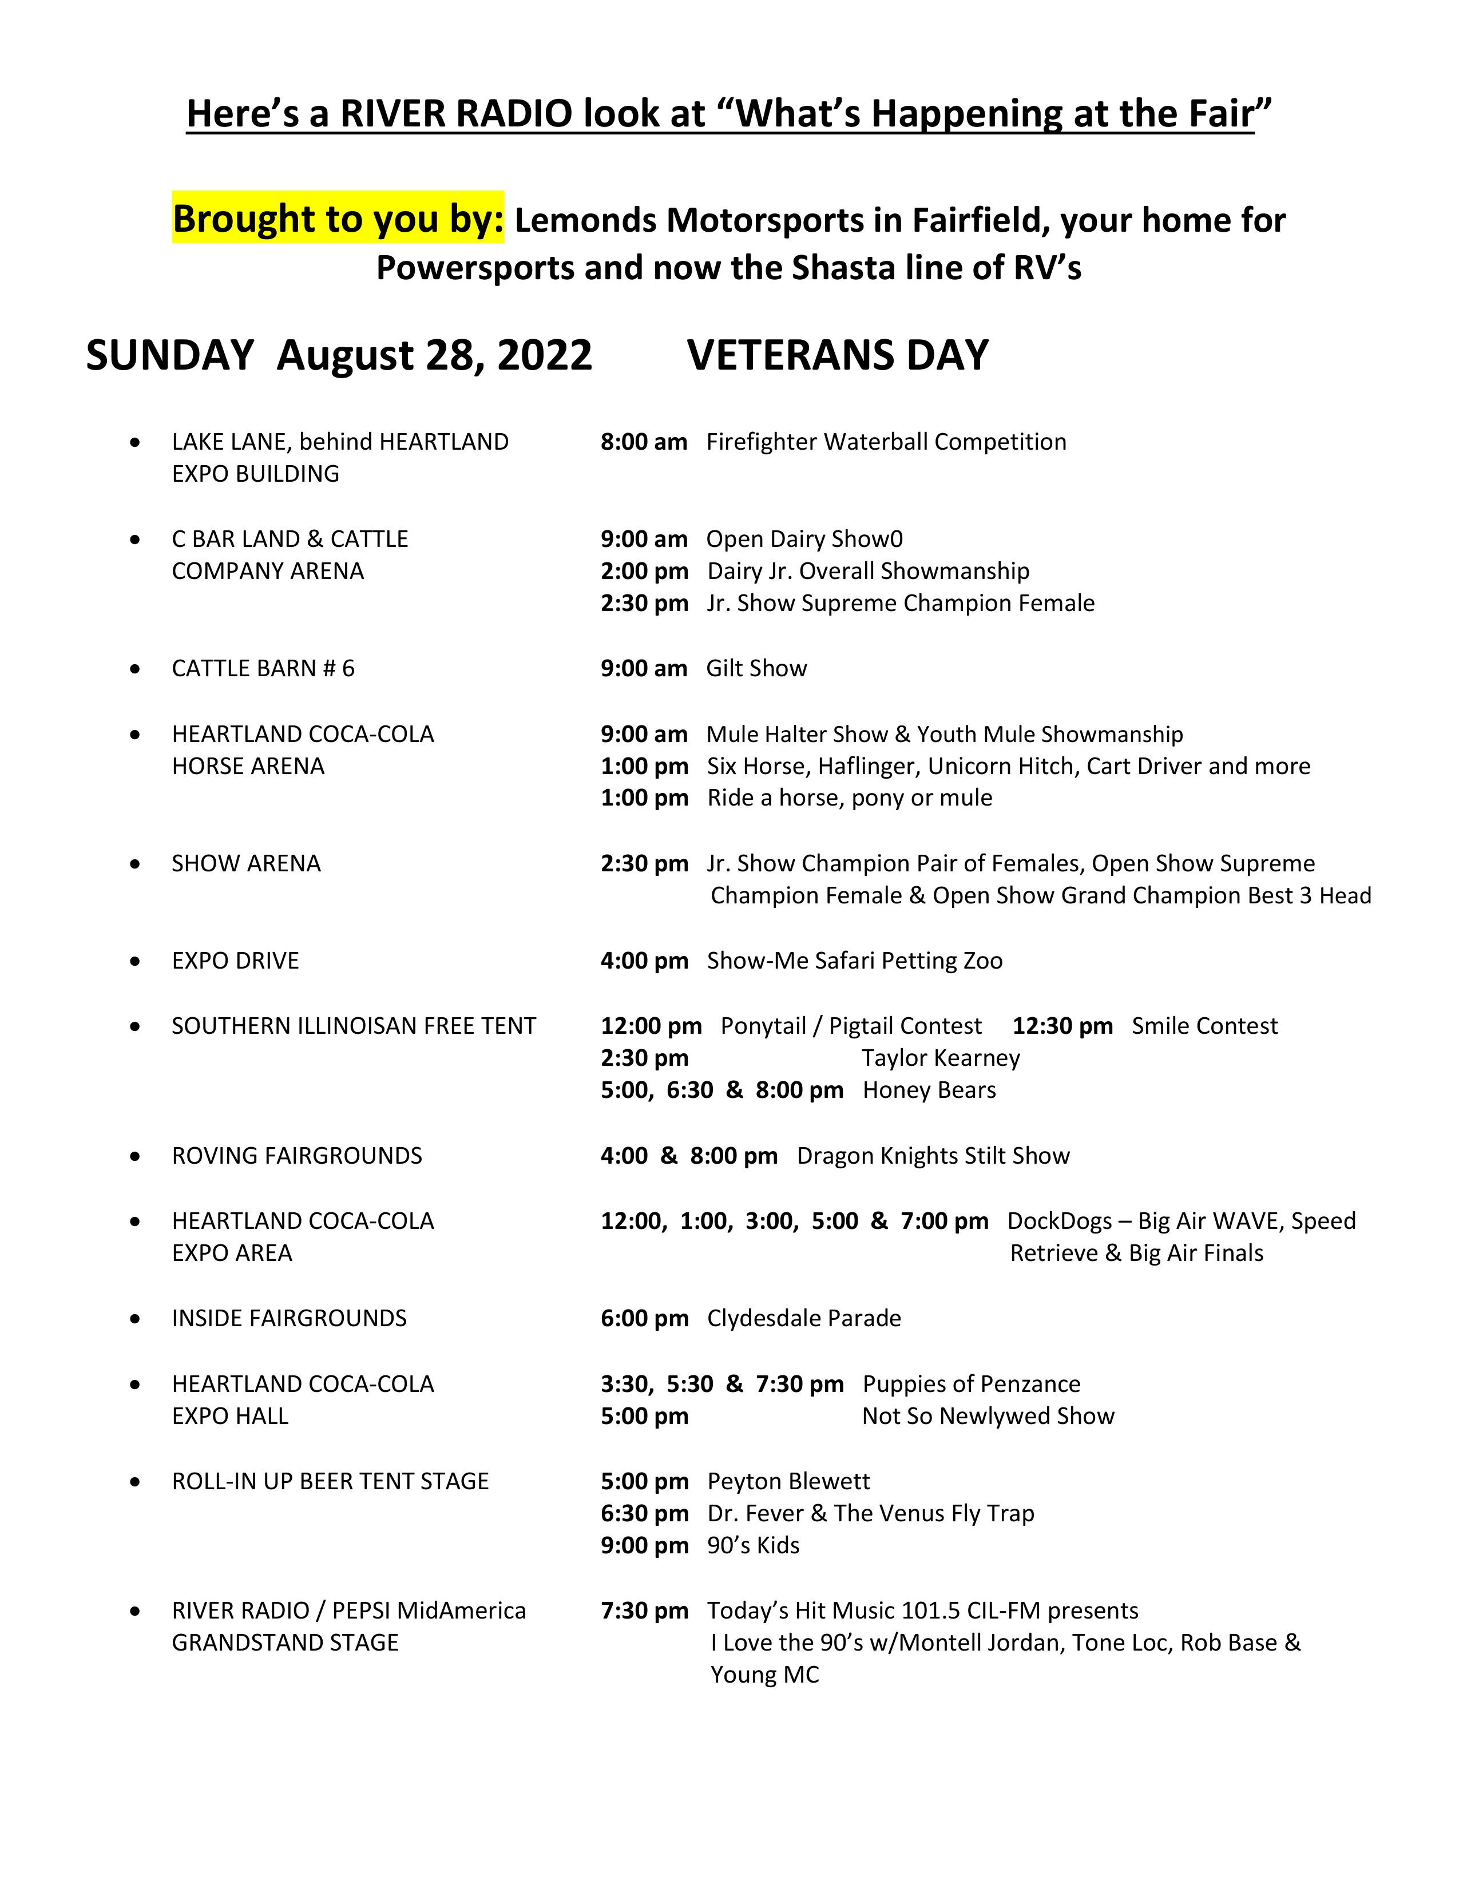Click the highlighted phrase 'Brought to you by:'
[x=338, y=219]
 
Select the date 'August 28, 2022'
[x=434, y=355]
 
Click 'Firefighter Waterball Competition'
[x=886, y=442]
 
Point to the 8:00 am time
[x=644, y=442]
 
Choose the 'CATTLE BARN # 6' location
[x=263, y=668]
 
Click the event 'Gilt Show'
[x=756, y=668]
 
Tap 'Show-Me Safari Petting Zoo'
[x=854, y=961]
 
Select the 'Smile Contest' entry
[x=1204, y=1026]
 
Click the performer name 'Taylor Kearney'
[x=941, y=1058]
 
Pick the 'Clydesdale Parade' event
[x=804, y=1318]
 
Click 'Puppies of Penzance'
[x=972, y=1384]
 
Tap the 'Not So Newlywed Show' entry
[x=988, y=1416]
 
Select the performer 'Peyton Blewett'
[x=788, y=1482]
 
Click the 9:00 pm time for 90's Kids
[x=644, y=1546]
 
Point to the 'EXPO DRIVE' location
[x=235, y=961]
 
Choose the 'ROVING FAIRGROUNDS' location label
[x=296, y=1156]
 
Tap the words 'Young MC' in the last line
[x=764, y=1675]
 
